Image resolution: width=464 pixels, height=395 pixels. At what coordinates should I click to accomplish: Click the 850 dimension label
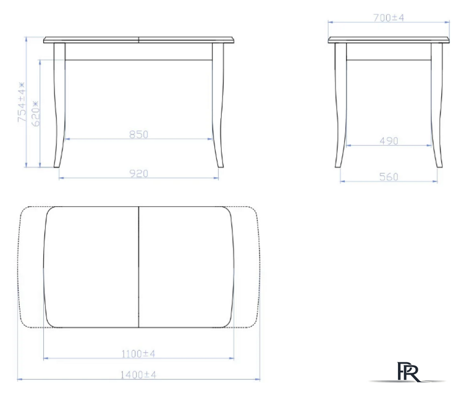pos(138,135)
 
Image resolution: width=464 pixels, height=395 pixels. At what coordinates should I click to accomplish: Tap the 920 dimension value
pos(138,173)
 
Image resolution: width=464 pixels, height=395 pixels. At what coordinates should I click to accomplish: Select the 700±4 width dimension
pos(388,18)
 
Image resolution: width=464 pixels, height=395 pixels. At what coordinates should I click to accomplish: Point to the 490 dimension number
pos(389,141)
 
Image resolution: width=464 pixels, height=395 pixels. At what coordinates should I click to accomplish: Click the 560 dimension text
pos(389,177)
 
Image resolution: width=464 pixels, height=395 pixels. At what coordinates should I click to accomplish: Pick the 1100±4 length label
pos(138,354)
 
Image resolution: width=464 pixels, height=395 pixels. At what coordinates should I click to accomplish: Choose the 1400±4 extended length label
pos(138,375)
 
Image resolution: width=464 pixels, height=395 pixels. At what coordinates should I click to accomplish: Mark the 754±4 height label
pos(22,102)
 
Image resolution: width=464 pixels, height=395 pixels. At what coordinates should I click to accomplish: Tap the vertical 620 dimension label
pos(35,114)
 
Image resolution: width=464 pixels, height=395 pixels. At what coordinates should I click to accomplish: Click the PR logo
pos(408,372)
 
